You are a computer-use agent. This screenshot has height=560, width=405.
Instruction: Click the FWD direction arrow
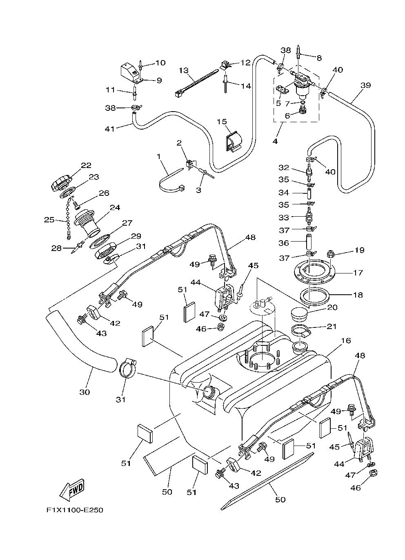[x=72, y=488]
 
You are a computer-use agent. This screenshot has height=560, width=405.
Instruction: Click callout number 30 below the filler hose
[x=85, y=392]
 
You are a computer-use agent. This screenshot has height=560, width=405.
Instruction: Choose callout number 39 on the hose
[x=365, y=85]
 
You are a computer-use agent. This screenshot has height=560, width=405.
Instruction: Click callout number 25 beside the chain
[x=49, y=220]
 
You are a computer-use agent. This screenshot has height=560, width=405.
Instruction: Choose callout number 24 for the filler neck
[x=115, y=207]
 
